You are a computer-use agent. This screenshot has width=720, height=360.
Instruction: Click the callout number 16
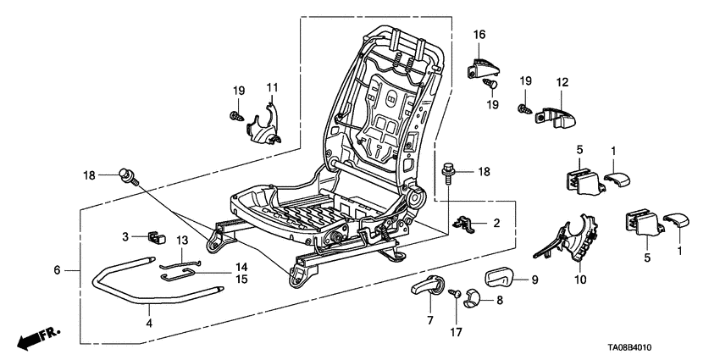point(479,35)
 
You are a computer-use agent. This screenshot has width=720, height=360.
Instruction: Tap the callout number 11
point(273,88)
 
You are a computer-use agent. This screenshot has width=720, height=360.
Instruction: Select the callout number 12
point(561,82)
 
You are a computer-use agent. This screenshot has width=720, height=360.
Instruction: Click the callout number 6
point(57,270)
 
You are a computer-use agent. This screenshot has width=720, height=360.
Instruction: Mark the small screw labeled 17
point(453,293)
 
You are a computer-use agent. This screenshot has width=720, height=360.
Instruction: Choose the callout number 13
point(181,241)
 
